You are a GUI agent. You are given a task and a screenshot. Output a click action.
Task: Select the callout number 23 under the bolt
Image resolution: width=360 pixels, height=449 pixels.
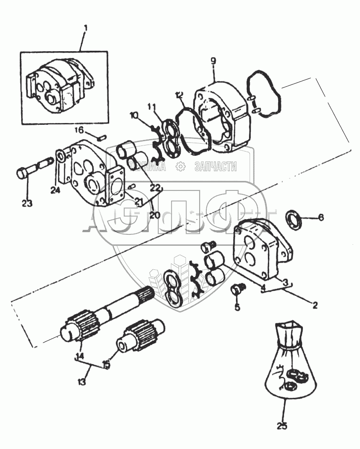27,203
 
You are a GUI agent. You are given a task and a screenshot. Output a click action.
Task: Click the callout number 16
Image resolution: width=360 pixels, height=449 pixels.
79,130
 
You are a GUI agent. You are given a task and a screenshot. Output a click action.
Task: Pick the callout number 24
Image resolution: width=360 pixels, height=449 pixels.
55,190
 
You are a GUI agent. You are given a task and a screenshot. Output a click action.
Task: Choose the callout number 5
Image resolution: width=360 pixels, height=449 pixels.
237,308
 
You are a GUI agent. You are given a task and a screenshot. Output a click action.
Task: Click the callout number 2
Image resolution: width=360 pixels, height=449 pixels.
315,305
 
